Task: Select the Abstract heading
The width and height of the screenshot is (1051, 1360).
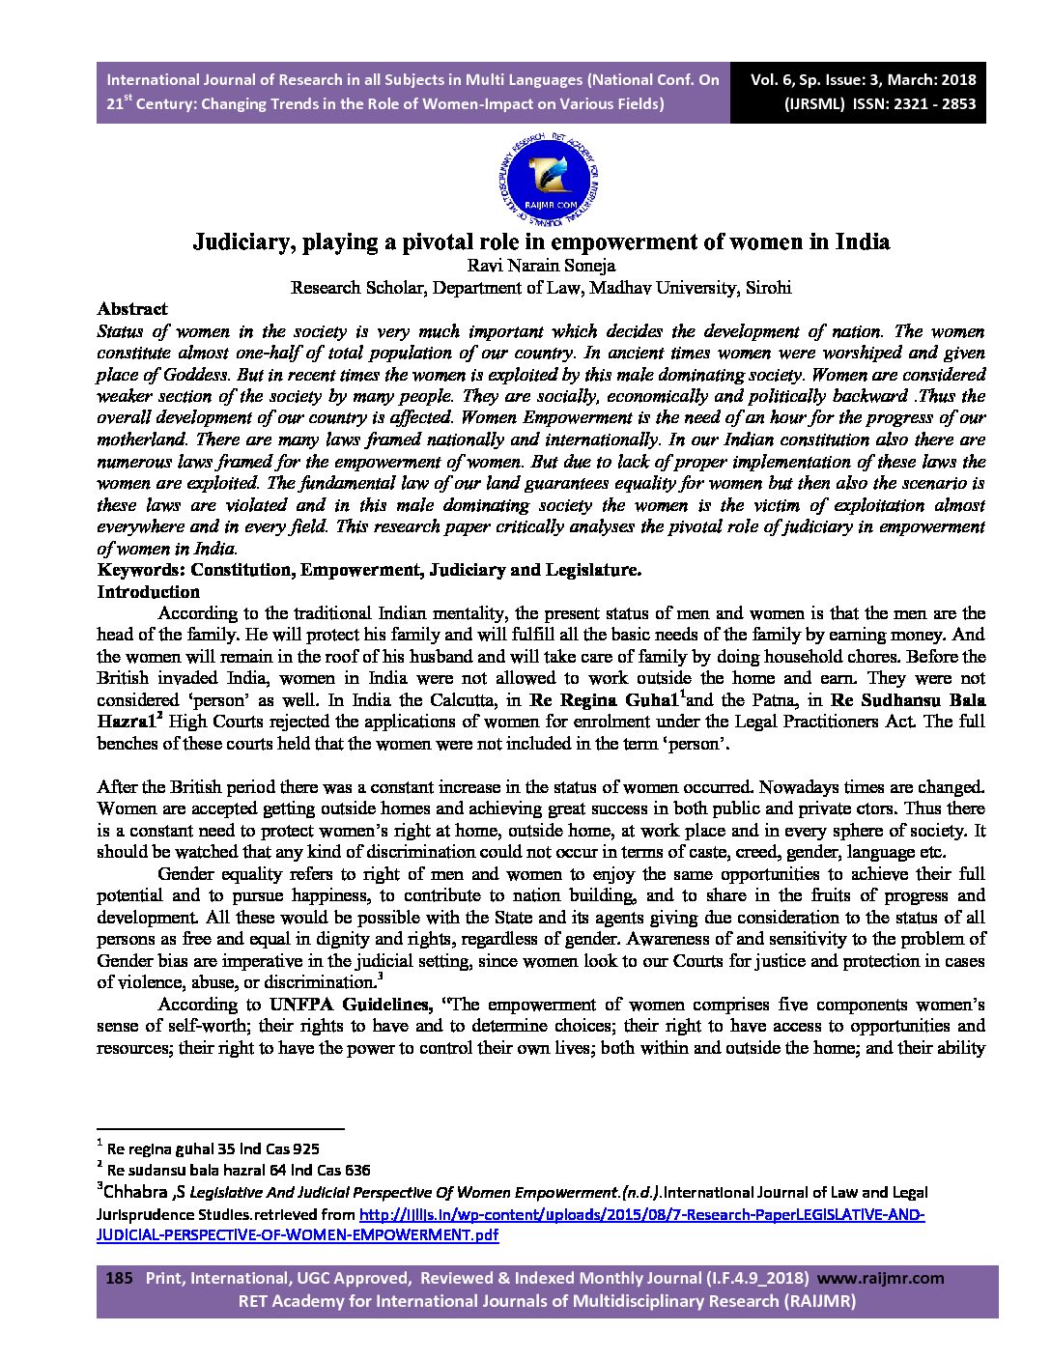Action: click(x=132, y=309)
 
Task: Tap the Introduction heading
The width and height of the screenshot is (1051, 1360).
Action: click(x=148, y=592)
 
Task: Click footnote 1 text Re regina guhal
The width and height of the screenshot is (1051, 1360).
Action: click(x=202, y=1149)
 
